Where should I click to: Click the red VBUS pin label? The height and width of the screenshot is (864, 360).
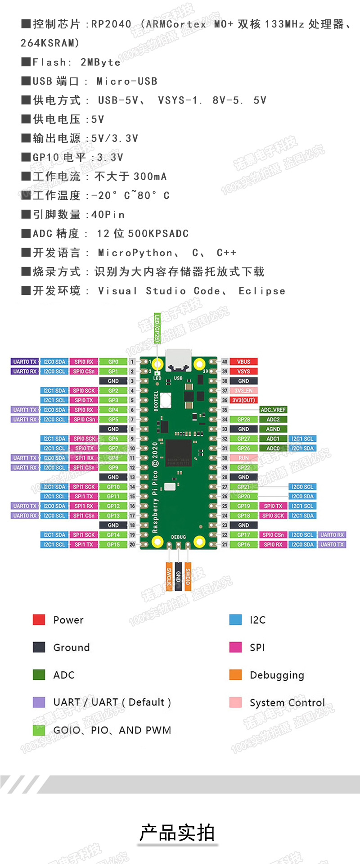(x=243, y=362)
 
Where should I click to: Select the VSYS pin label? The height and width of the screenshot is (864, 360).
(x=243, y=371)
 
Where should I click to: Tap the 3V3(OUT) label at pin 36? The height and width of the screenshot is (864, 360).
(x=243, y=400)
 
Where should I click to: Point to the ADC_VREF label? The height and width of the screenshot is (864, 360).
(x=273, y=410)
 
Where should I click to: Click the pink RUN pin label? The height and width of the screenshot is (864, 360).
(x=243, y=458)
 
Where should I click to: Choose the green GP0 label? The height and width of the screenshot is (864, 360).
(x=113, y=362)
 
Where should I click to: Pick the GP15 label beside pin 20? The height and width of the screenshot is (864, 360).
(x=113, y=544)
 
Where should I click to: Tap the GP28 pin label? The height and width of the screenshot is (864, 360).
(x=243, y=420)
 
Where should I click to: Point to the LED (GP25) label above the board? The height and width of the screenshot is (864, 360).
(x=157, y=328)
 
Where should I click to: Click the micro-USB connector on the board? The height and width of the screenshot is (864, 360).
(x=178, y=361)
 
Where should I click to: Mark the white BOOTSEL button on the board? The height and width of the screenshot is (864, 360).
(x=165, y=399)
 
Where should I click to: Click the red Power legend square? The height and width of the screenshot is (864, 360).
(x=39, y=620)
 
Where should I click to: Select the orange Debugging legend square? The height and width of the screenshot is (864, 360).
(x=235, y=674)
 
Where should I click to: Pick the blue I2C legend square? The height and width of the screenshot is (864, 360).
(x=235, y=620)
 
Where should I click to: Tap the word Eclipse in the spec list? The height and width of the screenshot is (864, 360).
(x=262, y=291)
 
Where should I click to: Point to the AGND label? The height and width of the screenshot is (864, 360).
(x=273, y=429)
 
